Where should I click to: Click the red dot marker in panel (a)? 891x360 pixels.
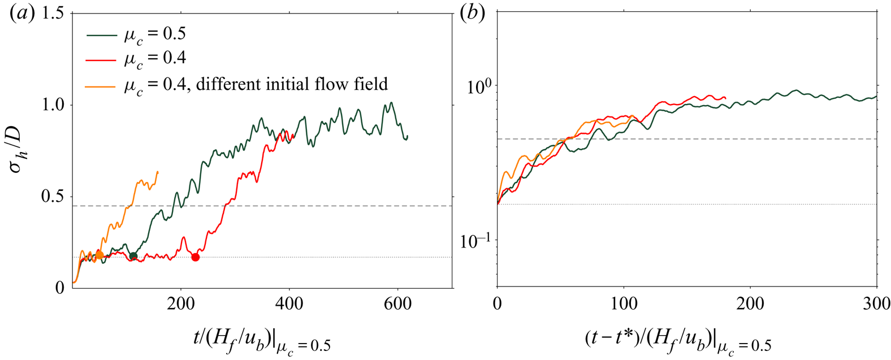[x=196, y=257]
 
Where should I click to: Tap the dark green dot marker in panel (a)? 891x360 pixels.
[x=133, y=256]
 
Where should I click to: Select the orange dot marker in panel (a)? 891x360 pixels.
[x=100, y=255]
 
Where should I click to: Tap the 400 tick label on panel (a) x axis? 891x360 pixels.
[x=289, y=303]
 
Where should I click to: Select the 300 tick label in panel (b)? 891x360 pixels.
[x=876, y=303]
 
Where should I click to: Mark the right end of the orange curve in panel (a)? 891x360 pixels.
[x=158, y=172]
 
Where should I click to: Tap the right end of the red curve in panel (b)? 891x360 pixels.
[x=725, y=97]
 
